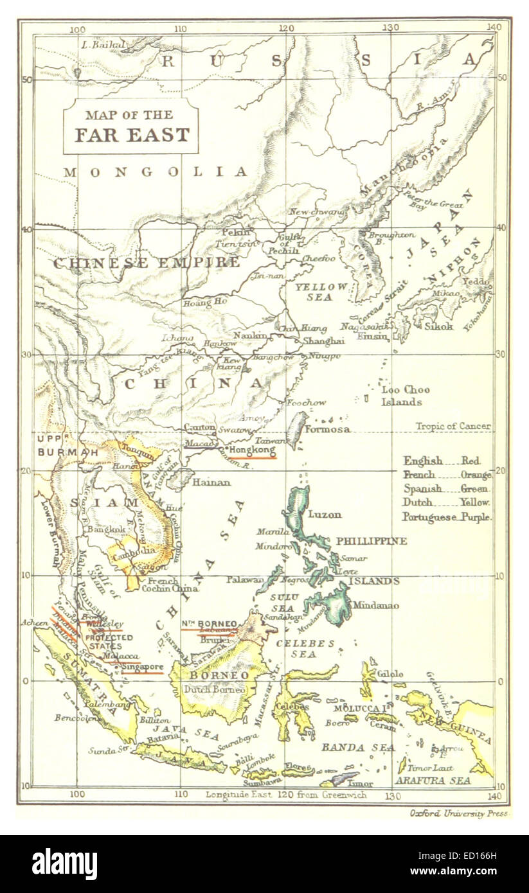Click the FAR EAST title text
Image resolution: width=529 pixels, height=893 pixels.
[132, 135]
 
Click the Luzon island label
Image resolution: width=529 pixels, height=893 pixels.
[325, 515]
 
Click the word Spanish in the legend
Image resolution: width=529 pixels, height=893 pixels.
[422, 488]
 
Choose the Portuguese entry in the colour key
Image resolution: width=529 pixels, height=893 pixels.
[429, 517]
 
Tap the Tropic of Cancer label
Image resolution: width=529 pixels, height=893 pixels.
[453, 426]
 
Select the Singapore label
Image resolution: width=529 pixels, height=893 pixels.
[141, 667]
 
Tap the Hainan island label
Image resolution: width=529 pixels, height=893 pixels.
[211, 481]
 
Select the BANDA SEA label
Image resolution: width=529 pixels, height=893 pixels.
[349, 748]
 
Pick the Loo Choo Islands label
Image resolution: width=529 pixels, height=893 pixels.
[404, 396]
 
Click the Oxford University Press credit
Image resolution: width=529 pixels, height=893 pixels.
[459, 813]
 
